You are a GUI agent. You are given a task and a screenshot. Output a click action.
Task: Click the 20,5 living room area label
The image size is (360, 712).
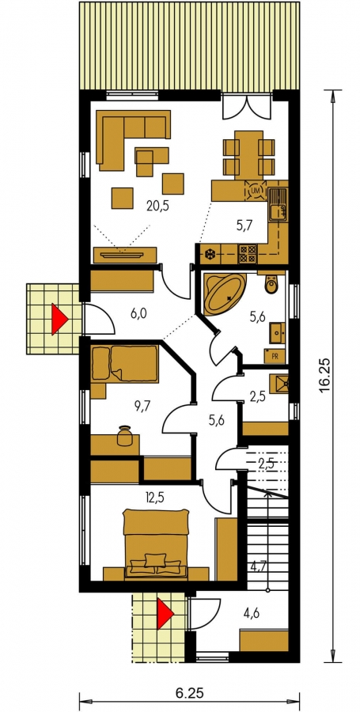pyautogui.click(x=157, y=206)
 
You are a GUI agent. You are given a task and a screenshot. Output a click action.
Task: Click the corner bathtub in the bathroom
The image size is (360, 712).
pyautogui.click(x=223, y=294)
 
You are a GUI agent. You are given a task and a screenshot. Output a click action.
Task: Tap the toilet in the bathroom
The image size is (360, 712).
pyautogui.click(x=271, y=285)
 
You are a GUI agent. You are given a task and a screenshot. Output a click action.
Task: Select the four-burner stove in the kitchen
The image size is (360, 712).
pyautogui.click(x=248, y=254)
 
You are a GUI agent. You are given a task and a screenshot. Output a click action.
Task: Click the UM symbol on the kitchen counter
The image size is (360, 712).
pyautogui.click(x=255, y=191)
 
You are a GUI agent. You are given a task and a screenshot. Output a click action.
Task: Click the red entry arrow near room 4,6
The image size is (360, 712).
pyautogui.click(x=165, y=614)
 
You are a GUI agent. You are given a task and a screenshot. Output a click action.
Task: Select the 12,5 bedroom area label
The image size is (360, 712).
pyautogui.click(x=154, y=498)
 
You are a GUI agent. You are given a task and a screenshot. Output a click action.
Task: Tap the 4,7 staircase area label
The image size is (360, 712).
pyautogui.click(x=260, y=566)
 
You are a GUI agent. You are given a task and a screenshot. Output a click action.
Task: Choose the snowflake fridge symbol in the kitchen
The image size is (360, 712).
pyautogui.click(x=210, y=254)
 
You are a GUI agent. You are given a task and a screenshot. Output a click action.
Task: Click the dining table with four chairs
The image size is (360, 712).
pyautogui.click(x=248, y=154)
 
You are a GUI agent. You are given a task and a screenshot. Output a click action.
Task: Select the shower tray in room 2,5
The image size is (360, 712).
pyautogui.click(x=279, y=384)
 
